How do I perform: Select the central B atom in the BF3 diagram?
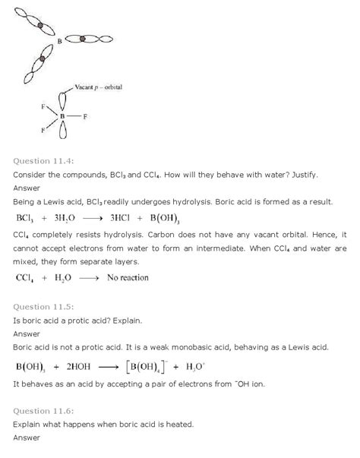point(64,116)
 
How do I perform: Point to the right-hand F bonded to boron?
point(87,116)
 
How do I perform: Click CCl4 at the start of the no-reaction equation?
point(27,277)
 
